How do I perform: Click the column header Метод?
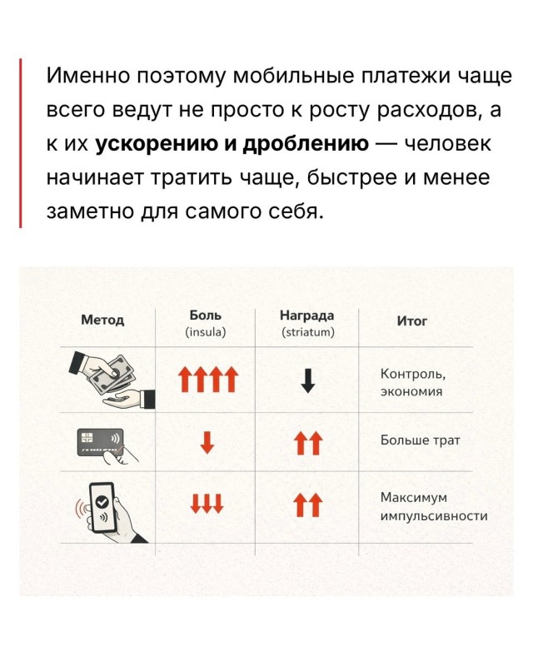pos(102,320)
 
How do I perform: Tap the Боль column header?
pos(206,316)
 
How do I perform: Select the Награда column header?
pos(306,316)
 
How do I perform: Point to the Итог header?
pos(411,321)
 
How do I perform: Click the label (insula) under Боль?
pos(206,331)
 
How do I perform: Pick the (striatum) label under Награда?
pos(308,331)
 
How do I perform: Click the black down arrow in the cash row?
pos(308,380)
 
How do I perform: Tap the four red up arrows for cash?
pos(208,379)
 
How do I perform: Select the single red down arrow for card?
pos(207,443)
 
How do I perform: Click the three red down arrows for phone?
pos(207,504)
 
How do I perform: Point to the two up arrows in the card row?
pos(308,443)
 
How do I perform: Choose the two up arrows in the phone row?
pos(308,504)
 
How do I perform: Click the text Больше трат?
pos(420,440)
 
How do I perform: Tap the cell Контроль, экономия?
pos(413,383)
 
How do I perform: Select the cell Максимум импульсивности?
pos(434,507)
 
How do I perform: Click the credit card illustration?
pos(100,442)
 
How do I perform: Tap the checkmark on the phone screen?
pos(102,502)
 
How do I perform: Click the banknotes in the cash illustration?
pos(112,374)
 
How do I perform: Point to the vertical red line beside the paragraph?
pos(20,143)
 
